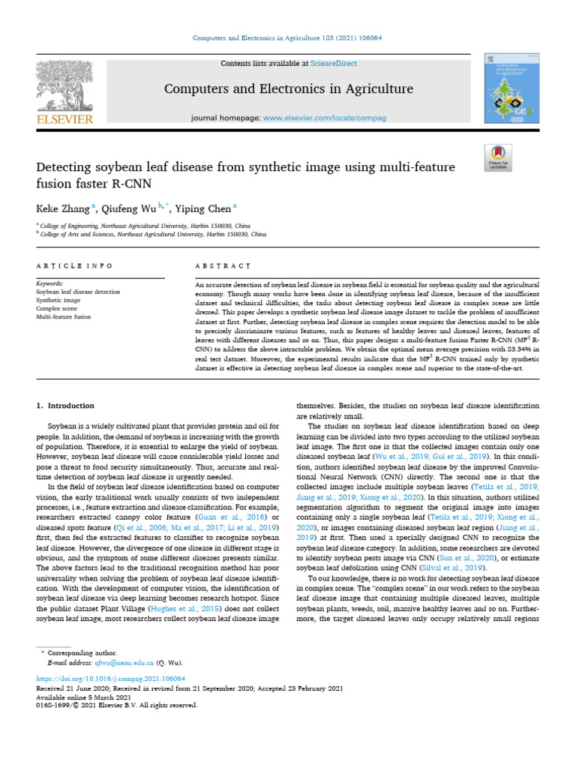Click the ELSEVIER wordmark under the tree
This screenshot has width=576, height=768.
tap(66, 118)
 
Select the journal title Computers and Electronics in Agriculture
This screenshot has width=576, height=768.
tap(289, 89)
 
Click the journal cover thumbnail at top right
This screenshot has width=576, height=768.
tap(504, 88)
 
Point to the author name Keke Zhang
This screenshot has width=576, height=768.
tap(62, 208)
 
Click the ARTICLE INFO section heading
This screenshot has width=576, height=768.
tap(74, 266)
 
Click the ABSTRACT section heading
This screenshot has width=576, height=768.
tap(223, 266)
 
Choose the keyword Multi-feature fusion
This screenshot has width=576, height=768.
tap(64, 317)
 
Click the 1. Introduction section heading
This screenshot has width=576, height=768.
tap(66, 406)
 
